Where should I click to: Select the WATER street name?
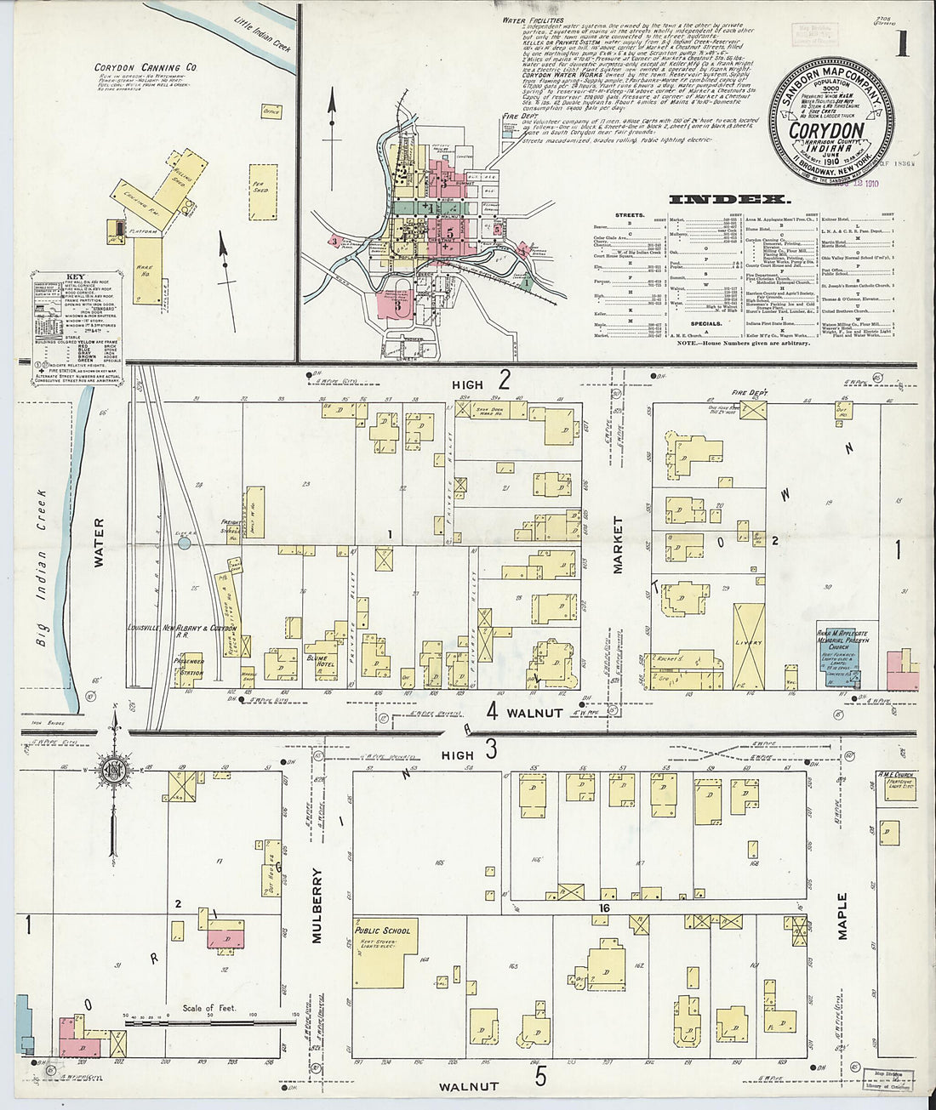(99, 542)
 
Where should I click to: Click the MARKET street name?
(618, 544)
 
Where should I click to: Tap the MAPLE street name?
(842, 916)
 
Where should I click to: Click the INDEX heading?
(729, 200)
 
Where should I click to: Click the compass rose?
(113, 771)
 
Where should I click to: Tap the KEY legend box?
(74, 325)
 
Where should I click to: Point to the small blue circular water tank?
(185, 542)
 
